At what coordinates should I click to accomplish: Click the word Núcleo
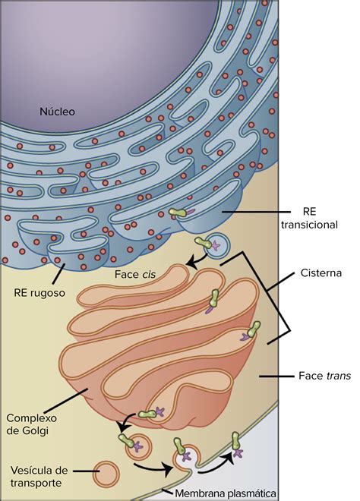57,112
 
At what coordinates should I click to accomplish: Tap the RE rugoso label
39,293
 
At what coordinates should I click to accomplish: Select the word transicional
309,225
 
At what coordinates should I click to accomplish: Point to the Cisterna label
321,273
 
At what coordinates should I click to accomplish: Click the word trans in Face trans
338,376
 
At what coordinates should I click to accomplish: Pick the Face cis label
135,274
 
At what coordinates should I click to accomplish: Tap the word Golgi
35,430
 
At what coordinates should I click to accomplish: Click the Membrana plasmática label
226,493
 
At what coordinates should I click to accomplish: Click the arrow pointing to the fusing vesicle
153,468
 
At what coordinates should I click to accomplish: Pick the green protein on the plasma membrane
236,441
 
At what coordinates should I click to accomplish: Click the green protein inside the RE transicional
178,213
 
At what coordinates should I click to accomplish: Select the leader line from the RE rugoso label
58,273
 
